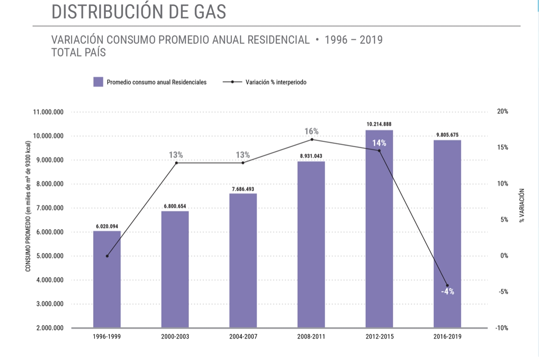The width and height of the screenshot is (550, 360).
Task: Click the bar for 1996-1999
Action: pos(107,279)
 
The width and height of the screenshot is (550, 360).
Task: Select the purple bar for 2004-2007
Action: pos(243,261)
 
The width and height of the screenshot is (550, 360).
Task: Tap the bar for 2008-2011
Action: pos(311,245)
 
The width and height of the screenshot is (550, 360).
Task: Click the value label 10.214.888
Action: pos(379,124)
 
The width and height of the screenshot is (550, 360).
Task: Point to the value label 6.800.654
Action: pos(175,206)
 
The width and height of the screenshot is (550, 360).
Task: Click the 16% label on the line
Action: pos(312,131)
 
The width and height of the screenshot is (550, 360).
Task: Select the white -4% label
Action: pos(447,292)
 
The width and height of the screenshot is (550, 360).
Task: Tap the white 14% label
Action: pos(379,143)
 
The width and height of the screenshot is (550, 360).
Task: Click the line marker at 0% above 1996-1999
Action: pos(107,256)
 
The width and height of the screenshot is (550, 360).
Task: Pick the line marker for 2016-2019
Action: pos(447,285)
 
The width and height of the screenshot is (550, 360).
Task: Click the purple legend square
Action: pos(98,82)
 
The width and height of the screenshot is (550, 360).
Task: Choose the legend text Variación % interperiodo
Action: pos(275,82)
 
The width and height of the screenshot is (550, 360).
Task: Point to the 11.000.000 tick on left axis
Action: pos(48,112)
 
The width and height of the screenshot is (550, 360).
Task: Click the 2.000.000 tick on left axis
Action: pos(50,328)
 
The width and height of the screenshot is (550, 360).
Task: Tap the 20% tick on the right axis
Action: pos(503,112)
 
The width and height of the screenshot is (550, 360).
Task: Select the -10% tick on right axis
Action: pos(502,328)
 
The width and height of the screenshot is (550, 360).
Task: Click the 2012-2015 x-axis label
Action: pos(379,337)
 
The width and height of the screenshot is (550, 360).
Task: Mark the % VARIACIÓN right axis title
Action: pos(522,205)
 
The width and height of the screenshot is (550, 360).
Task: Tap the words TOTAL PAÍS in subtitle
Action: pos(79,52)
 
